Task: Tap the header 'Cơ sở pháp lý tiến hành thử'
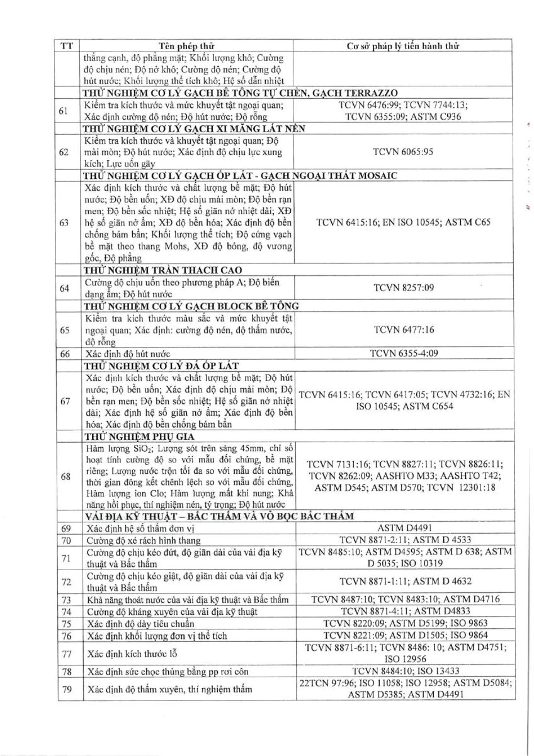coord(403,47)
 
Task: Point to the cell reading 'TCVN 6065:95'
coord(403,152)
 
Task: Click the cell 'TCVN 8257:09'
coord(403,288)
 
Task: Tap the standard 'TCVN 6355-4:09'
coord(403,353)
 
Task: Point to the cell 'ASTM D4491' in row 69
coord(403,528)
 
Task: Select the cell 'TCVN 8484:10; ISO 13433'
coord(403,671)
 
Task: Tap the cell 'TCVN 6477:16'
coord(403,329)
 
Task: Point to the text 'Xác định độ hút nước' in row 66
coord(128,353)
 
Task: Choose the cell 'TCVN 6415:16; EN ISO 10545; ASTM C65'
coord(403,222)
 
